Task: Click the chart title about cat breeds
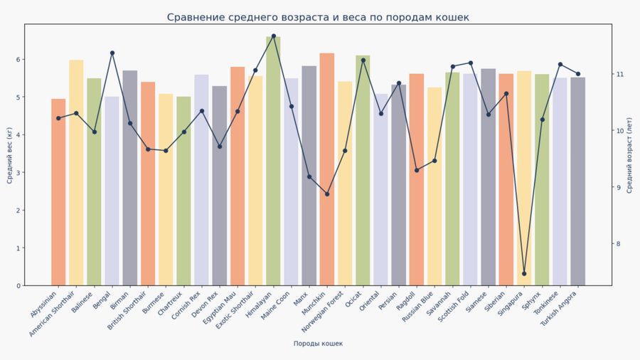point(318,17)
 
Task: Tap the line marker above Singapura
point(524,273)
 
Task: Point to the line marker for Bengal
point(112,53)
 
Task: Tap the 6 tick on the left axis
point(18,59)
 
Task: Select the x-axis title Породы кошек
point(318,344)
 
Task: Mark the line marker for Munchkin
point(327,194)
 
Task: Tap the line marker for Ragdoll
point(417,170)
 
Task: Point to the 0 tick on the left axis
point(18,285)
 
